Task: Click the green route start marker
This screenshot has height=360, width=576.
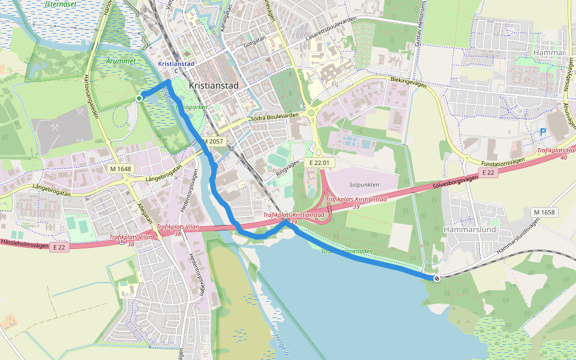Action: tap(139, 98)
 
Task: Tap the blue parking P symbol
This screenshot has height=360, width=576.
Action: tap(544, 132)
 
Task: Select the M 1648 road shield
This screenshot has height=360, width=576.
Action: tap(121, 169)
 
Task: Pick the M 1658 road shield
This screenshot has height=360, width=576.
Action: tap(544, 212)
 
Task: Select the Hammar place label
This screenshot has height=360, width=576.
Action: tap(550, 53)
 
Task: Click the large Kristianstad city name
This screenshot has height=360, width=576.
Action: tap(214, 86)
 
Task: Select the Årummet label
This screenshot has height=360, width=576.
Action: tap(121, 61)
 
